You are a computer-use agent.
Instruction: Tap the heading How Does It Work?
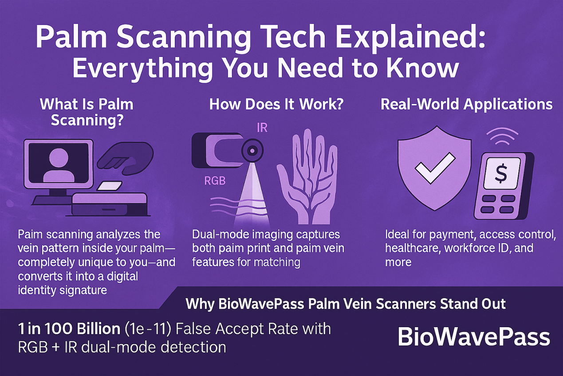276,104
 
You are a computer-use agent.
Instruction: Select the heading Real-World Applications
466,105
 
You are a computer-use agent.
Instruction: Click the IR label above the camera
262,128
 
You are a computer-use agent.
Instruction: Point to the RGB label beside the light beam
215,180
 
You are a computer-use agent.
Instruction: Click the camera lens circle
252,151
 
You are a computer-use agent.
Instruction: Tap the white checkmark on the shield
435,168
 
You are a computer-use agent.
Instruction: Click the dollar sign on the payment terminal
501,173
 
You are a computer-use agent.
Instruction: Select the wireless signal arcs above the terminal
502,136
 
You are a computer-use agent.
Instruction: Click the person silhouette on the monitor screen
59,165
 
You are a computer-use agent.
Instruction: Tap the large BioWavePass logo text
474,337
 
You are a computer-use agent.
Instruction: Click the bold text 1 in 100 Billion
69,329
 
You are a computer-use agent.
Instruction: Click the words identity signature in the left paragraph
62,290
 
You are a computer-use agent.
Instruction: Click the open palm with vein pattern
307,176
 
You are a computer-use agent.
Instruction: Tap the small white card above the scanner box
110,186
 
